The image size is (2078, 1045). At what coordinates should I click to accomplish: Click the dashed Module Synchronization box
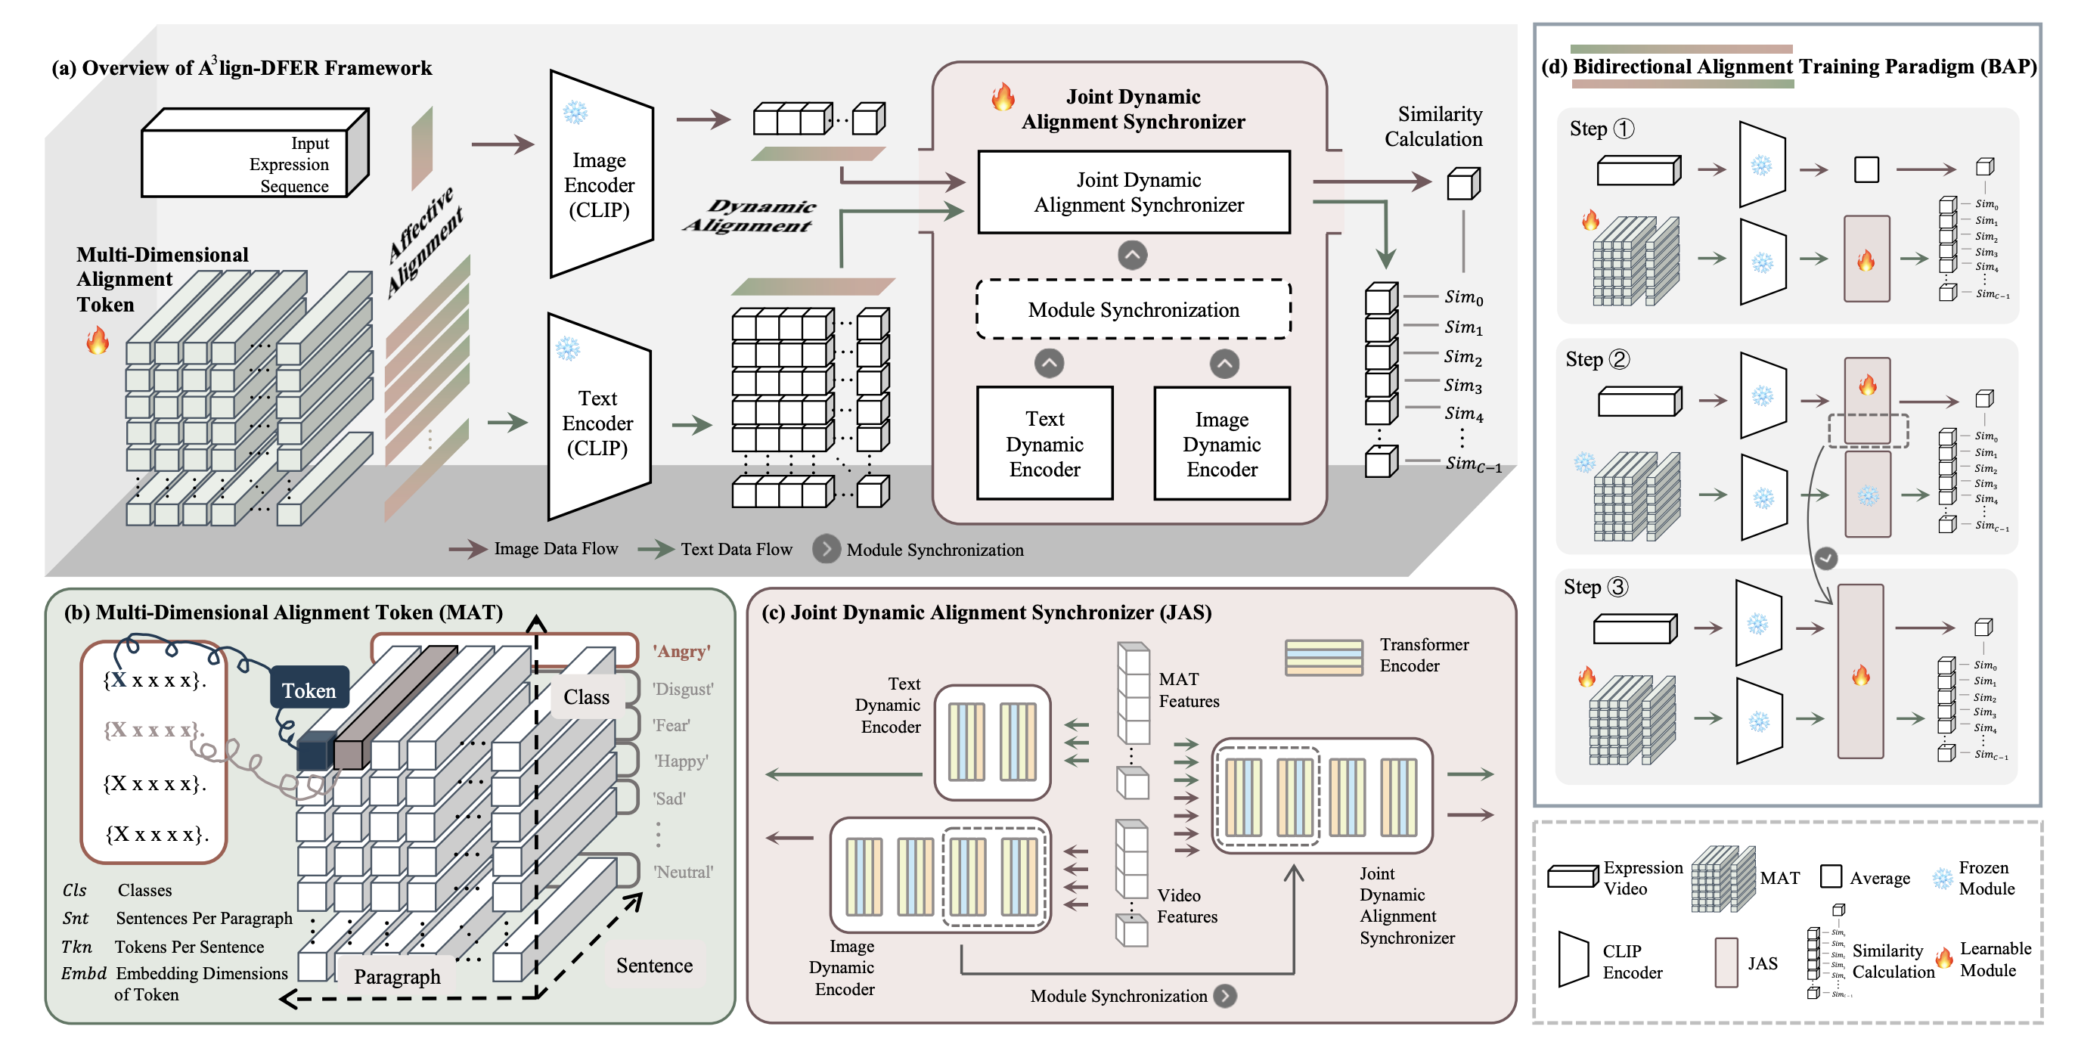[x=1133, y=310]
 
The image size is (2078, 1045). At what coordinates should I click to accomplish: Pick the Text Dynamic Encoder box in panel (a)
[x=1044, y=444]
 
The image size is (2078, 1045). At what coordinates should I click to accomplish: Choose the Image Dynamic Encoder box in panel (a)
[x=1221, y=444]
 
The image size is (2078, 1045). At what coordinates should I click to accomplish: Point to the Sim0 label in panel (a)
[x=1463, y=298]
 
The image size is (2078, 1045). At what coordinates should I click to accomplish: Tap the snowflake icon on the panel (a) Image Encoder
[x=575, y=112]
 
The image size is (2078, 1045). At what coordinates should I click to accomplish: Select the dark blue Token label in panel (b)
[x=309, y=690]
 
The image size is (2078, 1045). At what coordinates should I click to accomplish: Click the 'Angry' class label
[x=681, y=651]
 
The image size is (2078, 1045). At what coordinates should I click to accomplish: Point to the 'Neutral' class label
[x=682, y=872]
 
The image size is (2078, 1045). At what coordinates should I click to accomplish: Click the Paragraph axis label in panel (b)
[x=397, y=976]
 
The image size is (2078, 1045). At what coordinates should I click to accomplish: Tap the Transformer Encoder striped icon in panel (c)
[x=1324, y=657]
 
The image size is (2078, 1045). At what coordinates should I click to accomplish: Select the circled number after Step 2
[x=1619, y=359]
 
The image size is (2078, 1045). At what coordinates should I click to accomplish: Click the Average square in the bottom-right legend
[x=1831, y=876]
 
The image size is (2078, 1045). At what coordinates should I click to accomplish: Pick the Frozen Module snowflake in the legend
[x=1943, y=877]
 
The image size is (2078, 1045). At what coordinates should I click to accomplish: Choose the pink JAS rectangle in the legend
[x=1726, y=962]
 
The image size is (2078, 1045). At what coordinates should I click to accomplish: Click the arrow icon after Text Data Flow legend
[x=656, y=550]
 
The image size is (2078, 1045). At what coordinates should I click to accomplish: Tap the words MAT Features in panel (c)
[x=1188, y=690]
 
